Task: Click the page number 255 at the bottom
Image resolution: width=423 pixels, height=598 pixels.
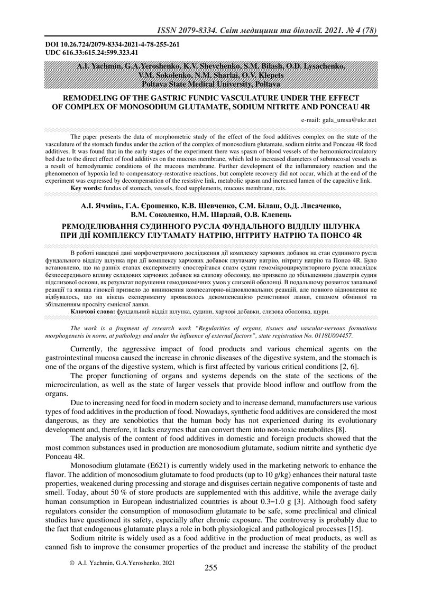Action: click(211, 568)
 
